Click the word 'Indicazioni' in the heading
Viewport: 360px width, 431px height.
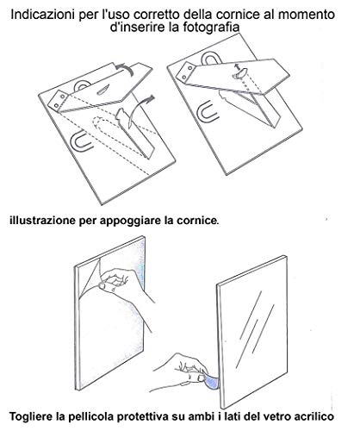[x=41, y=15]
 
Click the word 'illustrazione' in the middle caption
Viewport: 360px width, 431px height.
[x=42, y=221]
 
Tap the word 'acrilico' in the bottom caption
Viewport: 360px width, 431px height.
[x=313, y=416]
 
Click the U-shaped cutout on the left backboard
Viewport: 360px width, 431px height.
[x=82, y=141]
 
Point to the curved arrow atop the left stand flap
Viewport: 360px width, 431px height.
[x=123, y=68]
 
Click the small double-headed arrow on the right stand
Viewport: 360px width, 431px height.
[x=237, y=68]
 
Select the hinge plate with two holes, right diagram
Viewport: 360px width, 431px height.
[x=187, y=72]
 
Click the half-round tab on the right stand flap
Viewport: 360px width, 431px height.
[x=240, y=73]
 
